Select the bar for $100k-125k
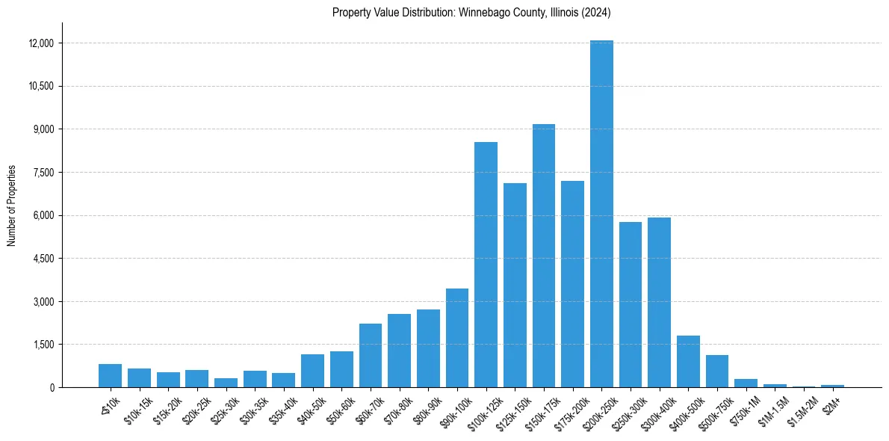[486, 265]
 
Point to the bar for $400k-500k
[688, 362]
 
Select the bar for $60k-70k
[371, 356]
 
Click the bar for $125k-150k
[515, 285]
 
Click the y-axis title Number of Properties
[11, 206]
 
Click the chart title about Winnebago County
[471, 13]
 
